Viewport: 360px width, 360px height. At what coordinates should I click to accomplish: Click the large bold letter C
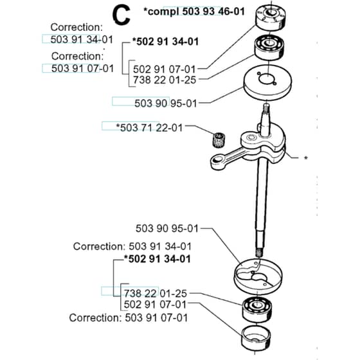click(122, 15)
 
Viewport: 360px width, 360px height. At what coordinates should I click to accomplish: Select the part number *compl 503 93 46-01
click(194, 12)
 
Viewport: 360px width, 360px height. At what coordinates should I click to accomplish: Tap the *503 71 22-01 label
click(149, 127)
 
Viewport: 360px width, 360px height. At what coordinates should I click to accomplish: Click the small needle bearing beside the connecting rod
click(219, 139)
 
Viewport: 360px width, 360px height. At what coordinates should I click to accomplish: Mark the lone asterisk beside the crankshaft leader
click(305, 158)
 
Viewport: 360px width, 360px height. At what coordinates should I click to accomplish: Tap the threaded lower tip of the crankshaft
click(259, 253)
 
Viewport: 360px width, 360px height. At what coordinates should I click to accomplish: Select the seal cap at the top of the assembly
click(270, 17)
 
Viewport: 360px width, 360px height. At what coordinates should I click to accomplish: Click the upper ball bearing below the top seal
click(269, 48)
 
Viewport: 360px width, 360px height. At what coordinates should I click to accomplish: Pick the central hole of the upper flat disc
click(267, 79)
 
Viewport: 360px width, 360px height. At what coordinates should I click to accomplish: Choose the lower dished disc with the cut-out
click(258, 276)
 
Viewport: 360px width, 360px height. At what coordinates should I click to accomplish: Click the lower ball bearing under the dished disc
click(257, 309)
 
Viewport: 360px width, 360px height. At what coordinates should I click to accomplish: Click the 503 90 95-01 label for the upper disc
click(166, 104)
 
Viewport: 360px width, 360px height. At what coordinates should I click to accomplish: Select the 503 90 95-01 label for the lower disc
click(167, 228)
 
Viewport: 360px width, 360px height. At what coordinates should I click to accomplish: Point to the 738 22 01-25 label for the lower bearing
click(156, 293)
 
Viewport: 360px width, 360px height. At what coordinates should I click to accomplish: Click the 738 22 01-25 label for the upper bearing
click(165, 80)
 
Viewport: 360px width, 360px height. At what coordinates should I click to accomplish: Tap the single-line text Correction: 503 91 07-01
click(129, 318)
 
